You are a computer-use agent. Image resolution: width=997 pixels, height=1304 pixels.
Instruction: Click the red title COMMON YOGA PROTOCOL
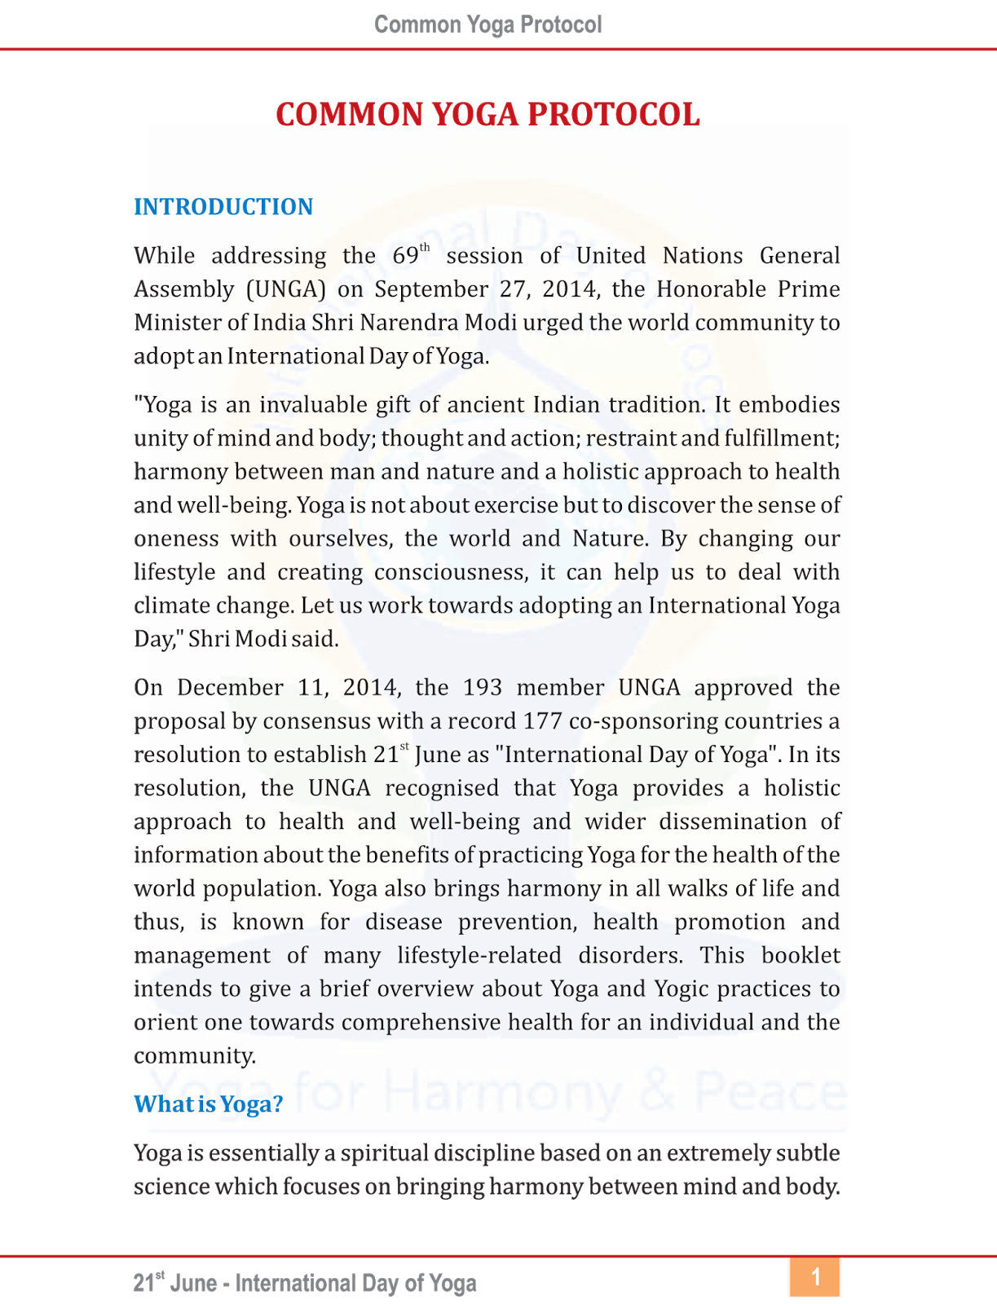click(487, 114)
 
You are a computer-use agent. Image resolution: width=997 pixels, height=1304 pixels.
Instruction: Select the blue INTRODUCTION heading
click(223, 207)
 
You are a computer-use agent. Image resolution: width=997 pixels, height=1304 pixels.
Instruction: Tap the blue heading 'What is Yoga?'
click(209, 1104)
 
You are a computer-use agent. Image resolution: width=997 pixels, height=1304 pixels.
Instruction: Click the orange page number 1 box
click(814, 1277)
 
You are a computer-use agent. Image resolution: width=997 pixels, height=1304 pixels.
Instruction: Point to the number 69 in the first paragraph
click(405, 256)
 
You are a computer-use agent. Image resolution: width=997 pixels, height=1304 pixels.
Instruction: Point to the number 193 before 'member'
click(483, 688)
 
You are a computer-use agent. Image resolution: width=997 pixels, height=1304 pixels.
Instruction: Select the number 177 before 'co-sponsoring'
click(543, 721)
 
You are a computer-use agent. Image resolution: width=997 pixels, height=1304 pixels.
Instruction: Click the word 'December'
click(230, 688)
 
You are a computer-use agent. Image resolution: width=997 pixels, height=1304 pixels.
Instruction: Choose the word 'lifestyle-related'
click(479, 955)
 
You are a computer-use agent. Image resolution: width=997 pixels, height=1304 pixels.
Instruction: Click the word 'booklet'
click(801, 955)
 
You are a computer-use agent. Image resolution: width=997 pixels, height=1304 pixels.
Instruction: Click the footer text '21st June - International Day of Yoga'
click(305, 1284)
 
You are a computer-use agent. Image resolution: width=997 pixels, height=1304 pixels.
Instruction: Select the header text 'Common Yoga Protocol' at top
click(487, 24)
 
